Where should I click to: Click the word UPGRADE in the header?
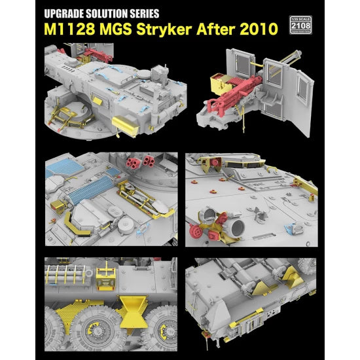pyautogui.click(x=64, y=12)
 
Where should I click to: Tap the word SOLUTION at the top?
pyautogui.click(x=107, y=12)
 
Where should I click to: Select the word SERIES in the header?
pyautogui.click(x=143, y=12)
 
